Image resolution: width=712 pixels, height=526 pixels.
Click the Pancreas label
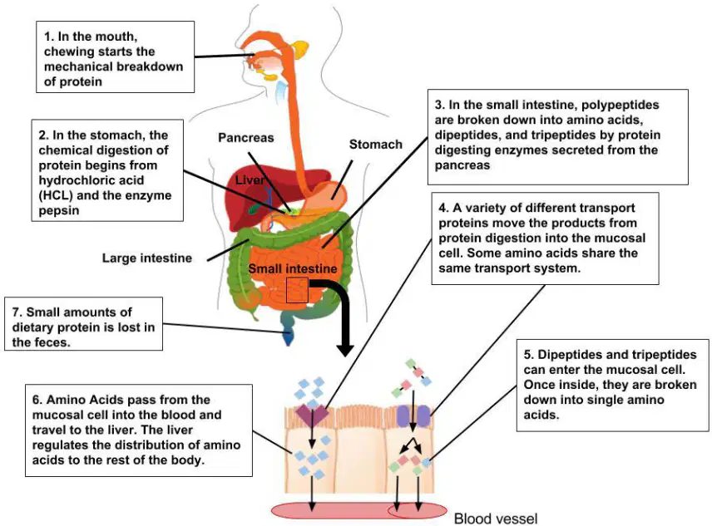point(245,138)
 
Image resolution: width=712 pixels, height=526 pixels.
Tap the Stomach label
point(375,145)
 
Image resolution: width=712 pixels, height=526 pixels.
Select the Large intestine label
point(147,258)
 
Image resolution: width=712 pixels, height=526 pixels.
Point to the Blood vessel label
point(496,519)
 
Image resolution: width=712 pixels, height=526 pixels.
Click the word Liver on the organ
point(250,180)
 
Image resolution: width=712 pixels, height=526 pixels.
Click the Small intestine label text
point(293,268)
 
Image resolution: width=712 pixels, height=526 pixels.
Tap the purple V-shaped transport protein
point(312,414)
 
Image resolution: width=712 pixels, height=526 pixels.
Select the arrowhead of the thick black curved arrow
point(345,349)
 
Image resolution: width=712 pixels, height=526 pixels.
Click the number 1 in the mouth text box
point(47,37)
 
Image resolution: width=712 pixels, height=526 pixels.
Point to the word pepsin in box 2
point(59,210)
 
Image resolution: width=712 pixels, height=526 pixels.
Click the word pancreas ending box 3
point(462,165)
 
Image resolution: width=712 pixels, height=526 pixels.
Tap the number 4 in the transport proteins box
point(443,208)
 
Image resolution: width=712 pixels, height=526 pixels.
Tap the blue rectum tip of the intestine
point(288,336)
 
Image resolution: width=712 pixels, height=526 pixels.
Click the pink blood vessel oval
point(358,510)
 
